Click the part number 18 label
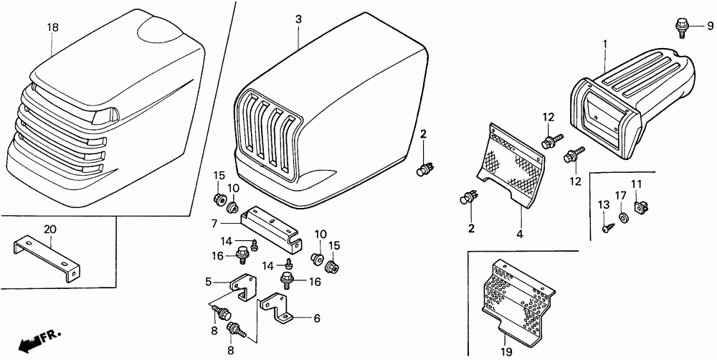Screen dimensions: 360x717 tap(52, 27)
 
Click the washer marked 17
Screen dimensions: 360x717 tap(621, 216)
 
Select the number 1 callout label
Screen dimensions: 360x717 tap(604, 44)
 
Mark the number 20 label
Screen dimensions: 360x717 tap(49, 229)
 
